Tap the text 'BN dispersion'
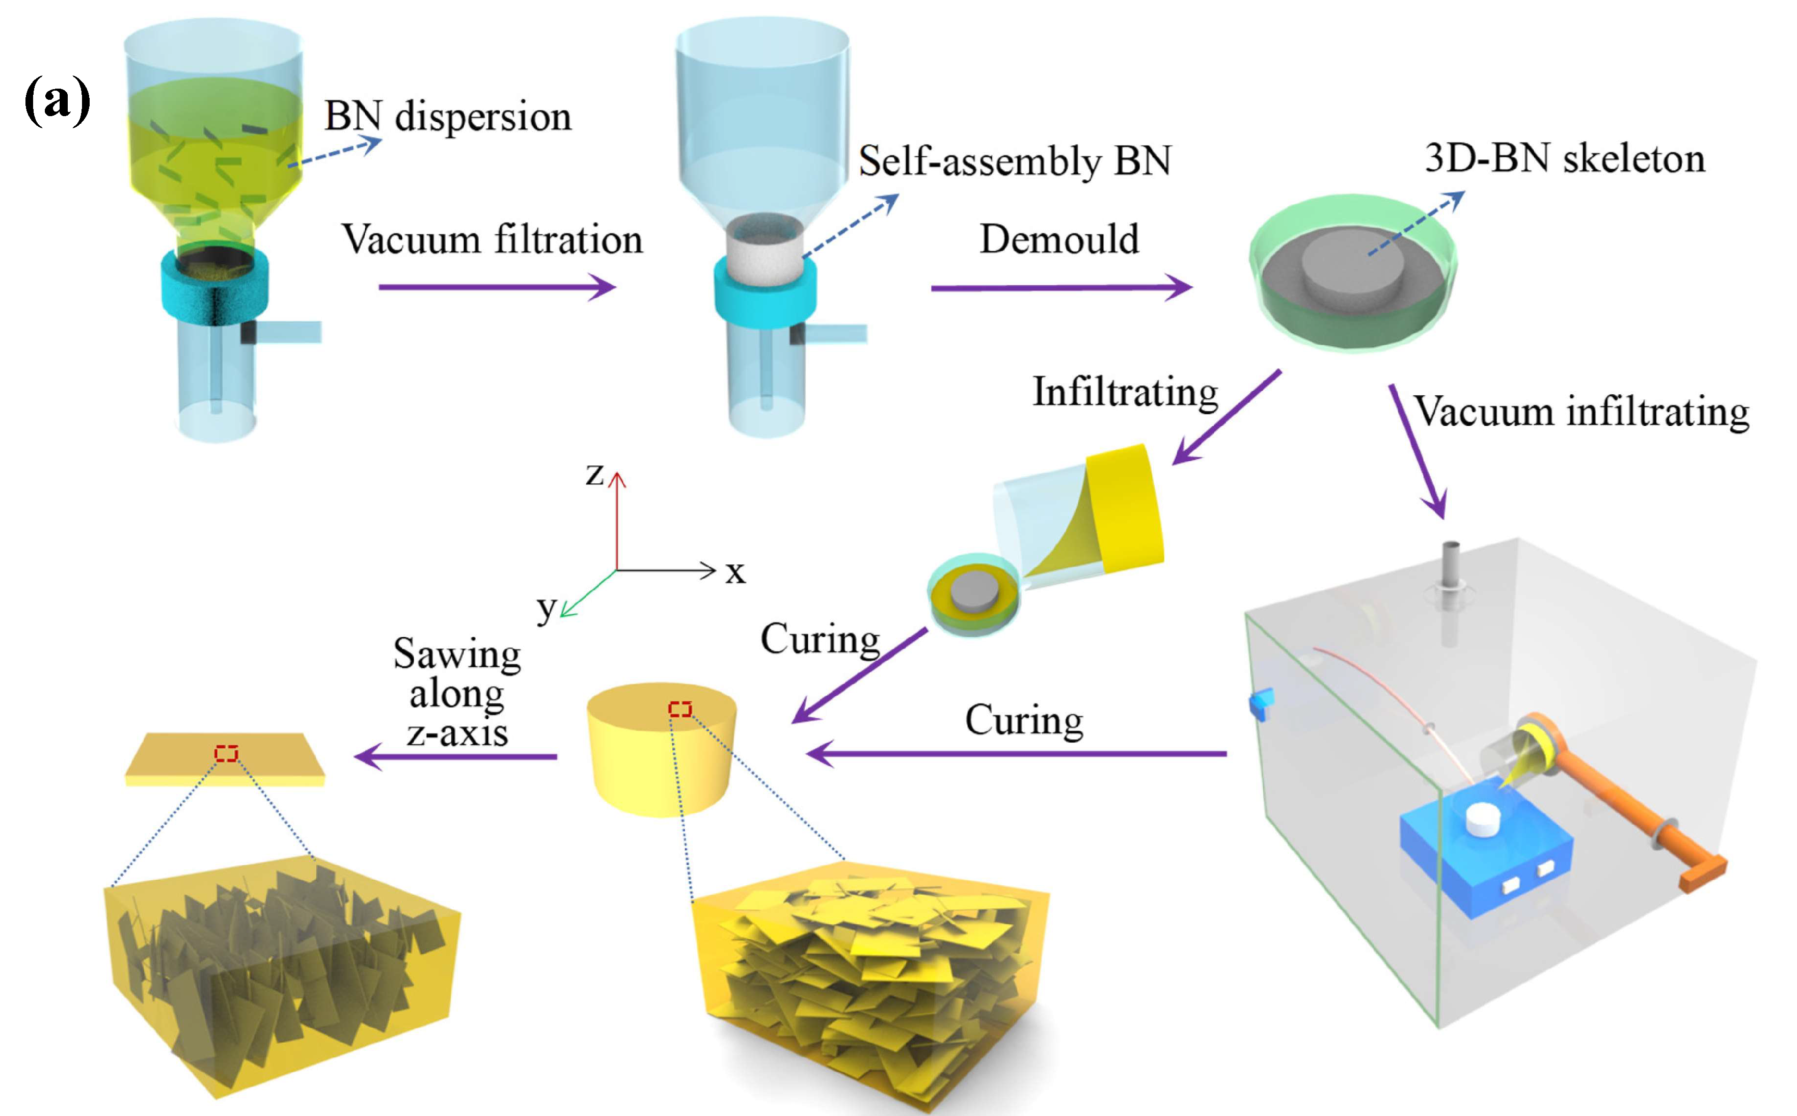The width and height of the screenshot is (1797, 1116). pyautogui.click(x=448, y=117)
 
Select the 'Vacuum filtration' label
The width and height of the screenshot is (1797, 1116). pyautogui.click(x=492, y=240)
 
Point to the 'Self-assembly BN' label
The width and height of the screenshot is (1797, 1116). pyautogui.click(x=1015, y=161)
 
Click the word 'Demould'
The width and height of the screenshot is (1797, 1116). pyautogui.click(x=1059, y=240)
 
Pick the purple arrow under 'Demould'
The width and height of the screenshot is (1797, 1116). pyautogui.click(x=1060, y=287)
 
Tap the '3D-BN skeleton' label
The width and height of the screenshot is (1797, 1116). pyautogui.click(x=1565, y=159)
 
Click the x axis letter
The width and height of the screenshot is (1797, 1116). pyautogui.click(x=735, y=572)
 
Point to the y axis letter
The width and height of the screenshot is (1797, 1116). pyautogui.click(x=546, y=608)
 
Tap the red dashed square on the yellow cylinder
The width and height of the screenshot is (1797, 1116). pyautogui.click(x=679, y=710)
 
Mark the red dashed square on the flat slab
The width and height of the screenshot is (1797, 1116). pyautogui.click(x=227, y=753)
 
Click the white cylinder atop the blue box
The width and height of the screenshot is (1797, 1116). pyautogui.click(x=1483, y=819)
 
